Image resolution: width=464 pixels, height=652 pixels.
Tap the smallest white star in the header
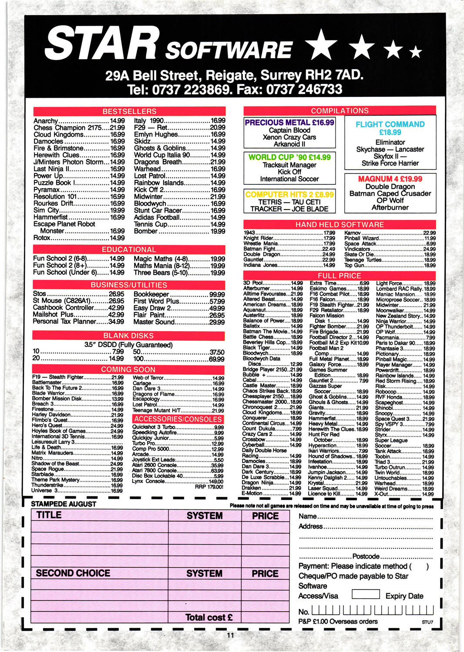pyautogui.click(x=416, y=52)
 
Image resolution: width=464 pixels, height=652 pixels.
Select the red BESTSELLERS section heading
pyautogui.click(x=129, y=111)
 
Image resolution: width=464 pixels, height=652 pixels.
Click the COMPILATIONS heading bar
pyautogui.click(x=340, y=111)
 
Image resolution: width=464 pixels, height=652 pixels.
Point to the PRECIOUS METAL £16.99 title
pyautogui.click(x=289, y=123)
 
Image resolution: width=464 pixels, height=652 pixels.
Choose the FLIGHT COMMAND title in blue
pyautogui.click(x=390, y=124)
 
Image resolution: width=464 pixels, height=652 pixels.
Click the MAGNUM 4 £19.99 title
pyautogui.click(x=390, y=179)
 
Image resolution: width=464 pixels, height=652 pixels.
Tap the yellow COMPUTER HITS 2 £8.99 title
pyautogui.click(x=289, y=194)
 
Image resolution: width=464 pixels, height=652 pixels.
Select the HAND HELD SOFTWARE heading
pyautogui.click(x=340, y=224)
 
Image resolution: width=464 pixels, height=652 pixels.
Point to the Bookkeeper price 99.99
pyautogui.click(x=217, y=294)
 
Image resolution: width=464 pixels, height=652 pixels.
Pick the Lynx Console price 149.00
pyautogui.click(x=216, y=482)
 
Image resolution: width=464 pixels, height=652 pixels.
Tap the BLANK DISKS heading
pyautogui.click(x=128, y=336)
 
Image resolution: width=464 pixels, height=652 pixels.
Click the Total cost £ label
pyautogui.click(x=209, y=617)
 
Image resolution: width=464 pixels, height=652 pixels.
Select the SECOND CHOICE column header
pyautogui.click(x=73, y=573)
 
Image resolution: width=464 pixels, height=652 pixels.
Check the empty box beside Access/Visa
pyautogui.click(x=365, y=594)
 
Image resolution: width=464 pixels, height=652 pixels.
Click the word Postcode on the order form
pyautogui.click(x=366, y=556)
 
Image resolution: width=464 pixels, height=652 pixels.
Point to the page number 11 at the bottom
pyautogui.click(x=230, y=635)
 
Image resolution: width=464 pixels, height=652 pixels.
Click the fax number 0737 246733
pyautogui.click(x=304, y=90)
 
